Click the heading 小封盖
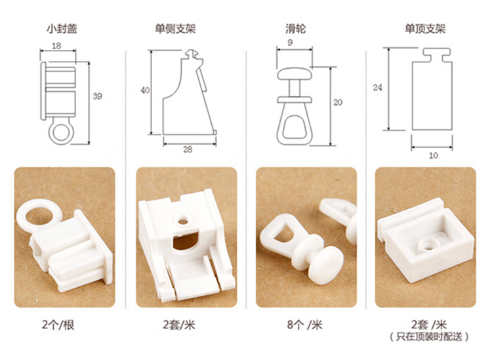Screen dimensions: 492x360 62,29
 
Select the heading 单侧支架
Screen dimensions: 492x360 175,29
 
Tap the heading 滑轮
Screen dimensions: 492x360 295,29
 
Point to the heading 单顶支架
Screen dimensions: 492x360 425,29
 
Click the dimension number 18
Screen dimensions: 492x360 56,46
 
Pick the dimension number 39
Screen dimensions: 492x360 98,96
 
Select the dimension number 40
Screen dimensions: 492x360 145,90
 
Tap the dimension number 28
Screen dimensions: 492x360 188,150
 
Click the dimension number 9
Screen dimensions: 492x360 290,43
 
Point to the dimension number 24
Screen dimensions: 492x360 377,87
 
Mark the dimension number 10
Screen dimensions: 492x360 434,155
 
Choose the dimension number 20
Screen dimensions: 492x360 338,102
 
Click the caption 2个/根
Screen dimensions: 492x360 58,325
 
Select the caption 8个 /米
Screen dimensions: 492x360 305,325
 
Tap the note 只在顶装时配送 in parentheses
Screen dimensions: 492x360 429,337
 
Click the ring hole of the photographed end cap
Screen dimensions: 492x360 39,215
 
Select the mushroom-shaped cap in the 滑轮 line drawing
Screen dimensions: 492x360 295,74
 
